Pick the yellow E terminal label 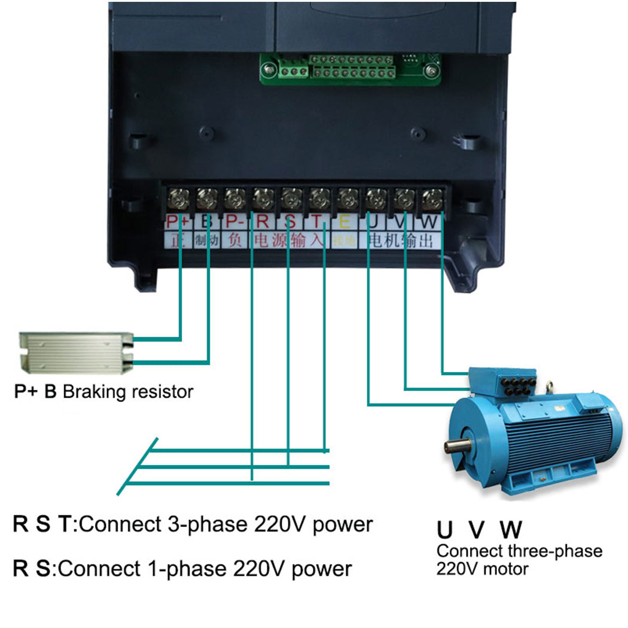pyautogui.click(x=345, y=221)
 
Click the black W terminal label pyautogui.click(x=429, y=222)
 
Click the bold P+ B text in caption pyautogui.click(x=35, y=393)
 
